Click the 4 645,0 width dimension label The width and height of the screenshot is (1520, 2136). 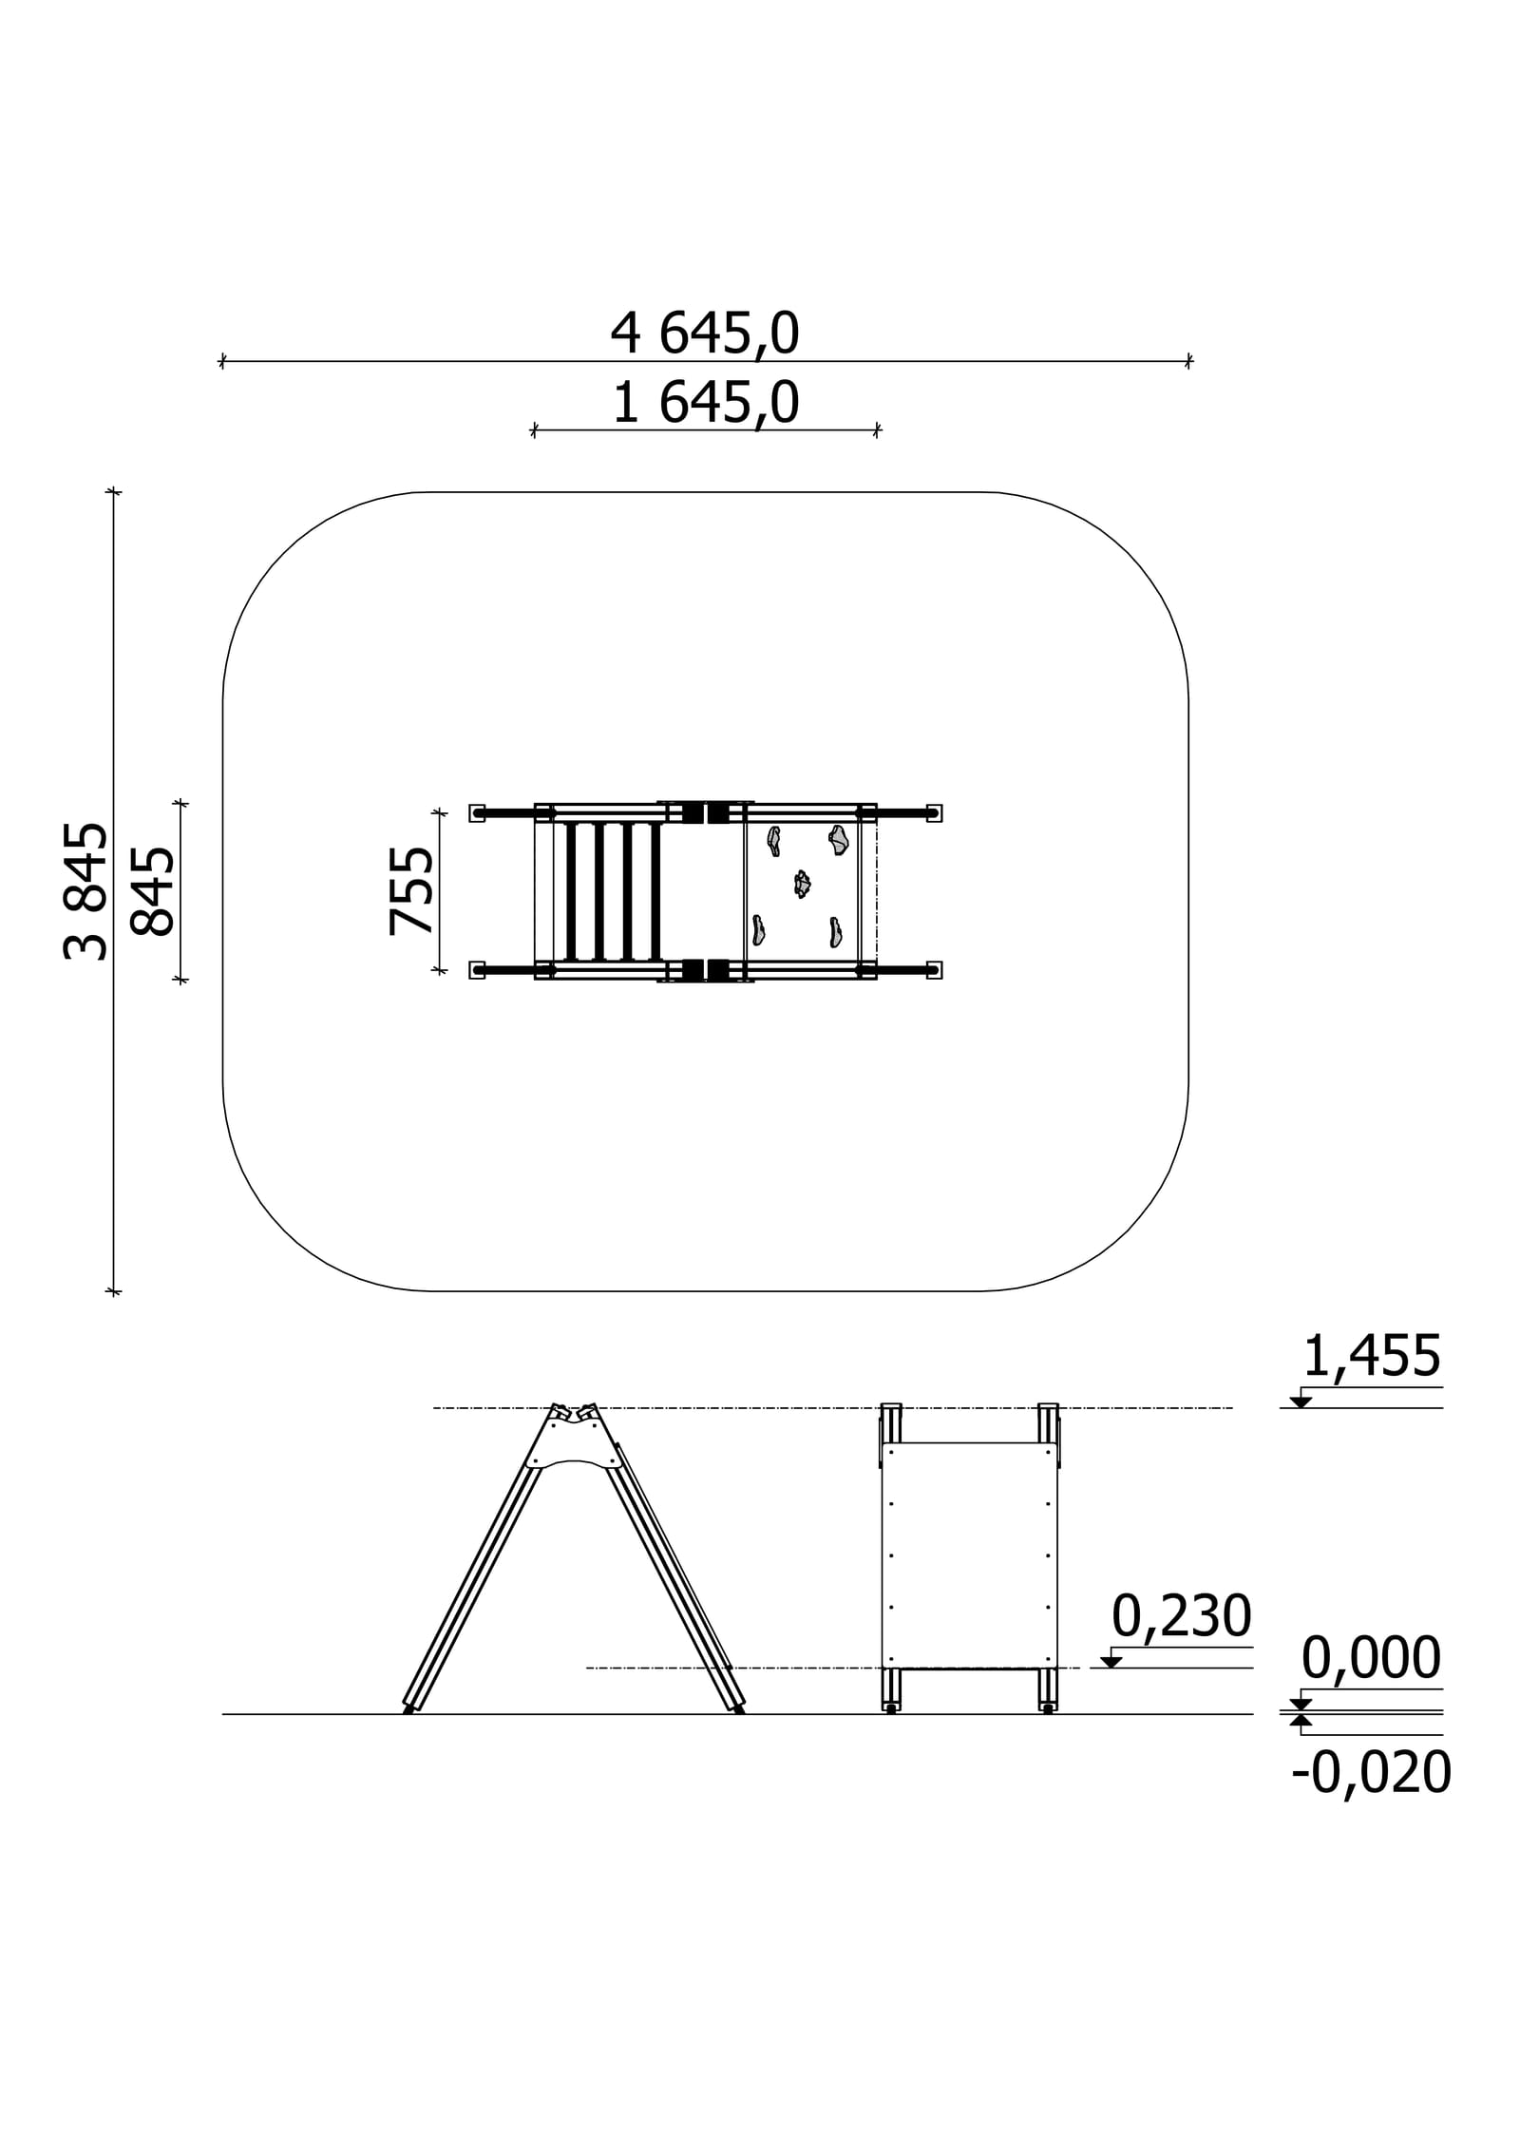point(704,334)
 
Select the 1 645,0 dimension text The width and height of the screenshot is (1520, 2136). point(704,403)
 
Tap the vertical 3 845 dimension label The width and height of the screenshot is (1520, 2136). point(85,891)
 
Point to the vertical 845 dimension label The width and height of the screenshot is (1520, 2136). point(152,891)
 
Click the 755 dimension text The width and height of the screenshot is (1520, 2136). point(411,891)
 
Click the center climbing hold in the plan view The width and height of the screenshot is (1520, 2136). point(803,884)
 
